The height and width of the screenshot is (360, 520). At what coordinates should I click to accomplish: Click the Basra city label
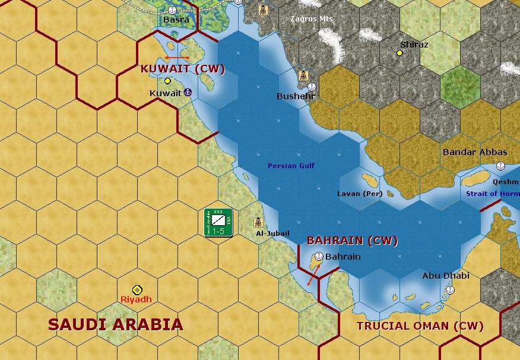point(176,20)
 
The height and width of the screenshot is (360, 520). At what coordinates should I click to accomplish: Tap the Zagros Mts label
point(311,19)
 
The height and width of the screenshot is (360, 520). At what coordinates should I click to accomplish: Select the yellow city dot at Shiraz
point(400,53)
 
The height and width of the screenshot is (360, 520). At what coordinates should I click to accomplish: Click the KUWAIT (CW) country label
point(183,69)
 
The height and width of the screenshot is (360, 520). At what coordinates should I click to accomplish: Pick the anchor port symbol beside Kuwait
point(188,92)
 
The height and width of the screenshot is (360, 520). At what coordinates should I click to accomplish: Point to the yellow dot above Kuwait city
point(167,81)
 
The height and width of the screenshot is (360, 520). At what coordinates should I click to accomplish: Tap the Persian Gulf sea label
point(291,166)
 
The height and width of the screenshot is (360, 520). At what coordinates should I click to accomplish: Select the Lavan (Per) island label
point(360,194)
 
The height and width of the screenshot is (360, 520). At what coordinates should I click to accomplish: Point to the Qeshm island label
point(505,182)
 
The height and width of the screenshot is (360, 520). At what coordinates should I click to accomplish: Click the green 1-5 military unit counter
point(218,223)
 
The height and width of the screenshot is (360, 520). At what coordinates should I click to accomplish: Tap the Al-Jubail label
point(272,233)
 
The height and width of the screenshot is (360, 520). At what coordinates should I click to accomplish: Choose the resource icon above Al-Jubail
point(258,222)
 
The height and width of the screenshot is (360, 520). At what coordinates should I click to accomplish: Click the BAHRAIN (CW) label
point(352,241)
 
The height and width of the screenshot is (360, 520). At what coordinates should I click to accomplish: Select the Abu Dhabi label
point(445,276)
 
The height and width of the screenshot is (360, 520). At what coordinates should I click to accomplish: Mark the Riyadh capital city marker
point(137,290)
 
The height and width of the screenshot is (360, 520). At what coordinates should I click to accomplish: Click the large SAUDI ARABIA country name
point(115,324)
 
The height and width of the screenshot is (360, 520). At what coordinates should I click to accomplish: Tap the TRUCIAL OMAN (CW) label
point(420,326)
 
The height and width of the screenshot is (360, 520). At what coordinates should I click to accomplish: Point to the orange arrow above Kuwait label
point(177,58)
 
